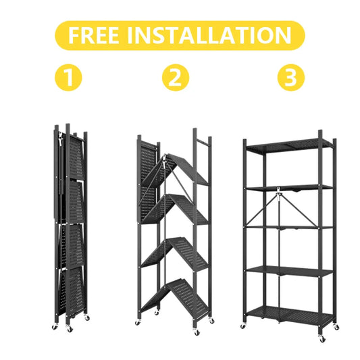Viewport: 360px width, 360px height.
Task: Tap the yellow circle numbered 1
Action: tap(69, 79)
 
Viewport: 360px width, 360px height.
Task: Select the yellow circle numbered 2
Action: tap(175, 79)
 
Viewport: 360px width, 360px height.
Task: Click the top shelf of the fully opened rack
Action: tap(289, 145)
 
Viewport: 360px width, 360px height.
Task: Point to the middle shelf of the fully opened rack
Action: tap(289, 228)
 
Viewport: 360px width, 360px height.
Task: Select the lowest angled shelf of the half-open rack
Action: tap(179, 295)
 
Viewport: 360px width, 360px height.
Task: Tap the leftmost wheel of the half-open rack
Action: tap(138, 324)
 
